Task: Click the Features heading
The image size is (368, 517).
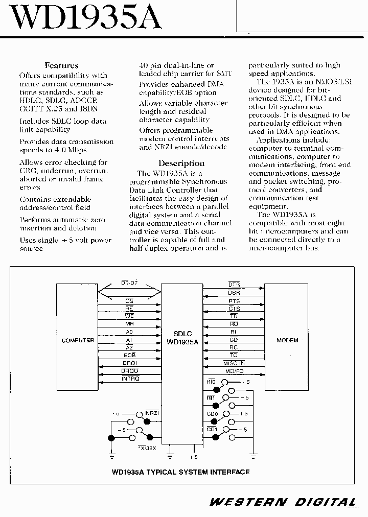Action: pos(61,65)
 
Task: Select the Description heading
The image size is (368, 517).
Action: pos(181,163)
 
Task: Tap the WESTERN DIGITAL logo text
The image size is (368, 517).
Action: pos(283,502)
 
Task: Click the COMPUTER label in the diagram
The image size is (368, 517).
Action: pos(78,340)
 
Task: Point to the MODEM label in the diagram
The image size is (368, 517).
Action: pos(287,340)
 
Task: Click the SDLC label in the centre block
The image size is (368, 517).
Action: pos(182,334)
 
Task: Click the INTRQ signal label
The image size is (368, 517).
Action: pos(130,379)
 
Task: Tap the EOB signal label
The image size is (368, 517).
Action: pos(129,355)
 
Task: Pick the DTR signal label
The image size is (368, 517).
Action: pos(234,284)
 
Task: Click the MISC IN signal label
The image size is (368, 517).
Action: pos(234,363)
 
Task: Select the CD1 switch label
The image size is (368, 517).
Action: pos(212,430)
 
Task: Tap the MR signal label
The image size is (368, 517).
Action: pos(129,324)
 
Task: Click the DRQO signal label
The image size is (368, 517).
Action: pos(130,370)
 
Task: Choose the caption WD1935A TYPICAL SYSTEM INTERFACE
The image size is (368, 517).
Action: pos(180,472)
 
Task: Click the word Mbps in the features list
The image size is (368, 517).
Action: pos(75,150)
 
